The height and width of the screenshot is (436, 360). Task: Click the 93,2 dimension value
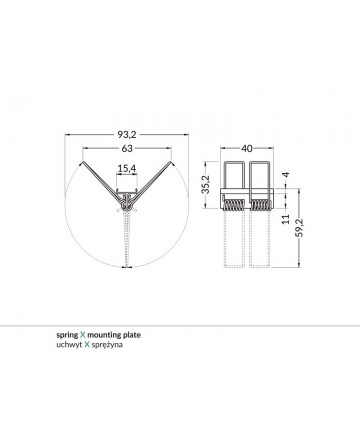tap(127, 135)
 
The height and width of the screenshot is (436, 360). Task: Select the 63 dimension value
tap(127, 148)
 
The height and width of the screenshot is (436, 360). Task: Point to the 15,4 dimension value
tap(127, 169)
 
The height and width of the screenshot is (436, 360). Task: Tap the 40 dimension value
tap(247, 148)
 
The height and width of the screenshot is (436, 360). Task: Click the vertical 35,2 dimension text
tap(206, 184)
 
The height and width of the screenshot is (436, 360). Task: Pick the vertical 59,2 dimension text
tap(300, 228)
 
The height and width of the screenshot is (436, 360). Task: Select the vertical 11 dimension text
tap(286, 219)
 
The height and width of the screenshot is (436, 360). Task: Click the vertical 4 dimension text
tap(286, 174)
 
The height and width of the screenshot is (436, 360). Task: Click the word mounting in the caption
tap(104, 335)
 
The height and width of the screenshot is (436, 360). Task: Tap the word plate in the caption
tap(132, 335)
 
